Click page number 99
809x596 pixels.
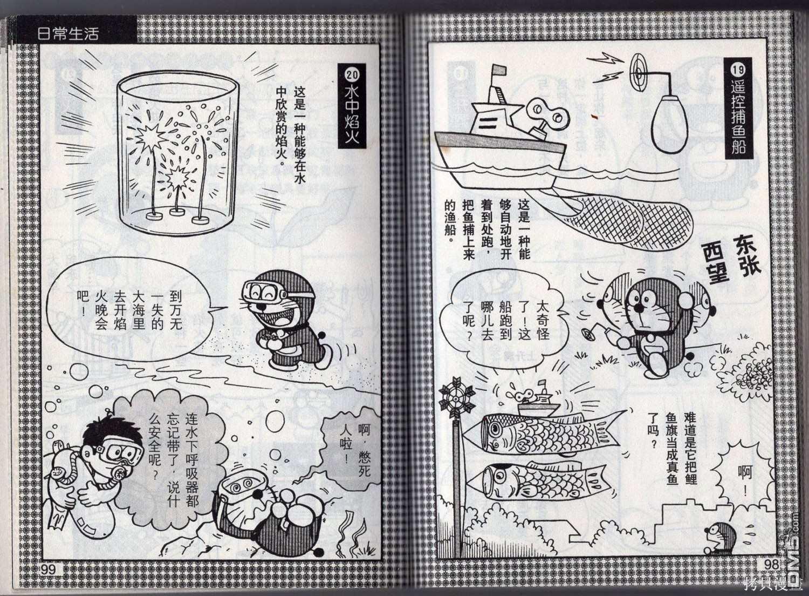click(48, 570)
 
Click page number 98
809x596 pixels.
click(771, 565)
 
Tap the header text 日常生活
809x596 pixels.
click(68, 34)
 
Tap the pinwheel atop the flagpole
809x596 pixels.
click(456, 396)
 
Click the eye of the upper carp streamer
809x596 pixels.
click(494, 430)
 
